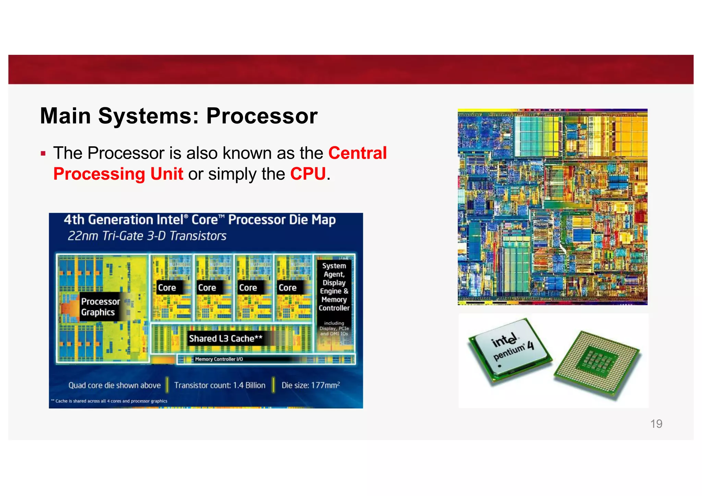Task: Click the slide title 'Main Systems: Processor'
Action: click(x=179, y=116)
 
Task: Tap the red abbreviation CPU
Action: click(x=307, y=174)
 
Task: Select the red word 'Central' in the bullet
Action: click(x=357, y=153)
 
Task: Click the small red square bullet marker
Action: click(x=43, y=153)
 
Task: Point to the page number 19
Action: click(x=656, y=424)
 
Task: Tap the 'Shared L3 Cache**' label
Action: click(x=226, y=339)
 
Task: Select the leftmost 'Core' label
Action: click(x=167, y=288)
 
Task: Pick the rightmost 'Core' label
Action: click(x=287, y=288)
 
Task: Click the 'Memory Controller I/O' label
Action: click(x=219, y=359)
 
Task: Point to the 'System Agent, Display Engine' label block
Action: click(x=334, y=287)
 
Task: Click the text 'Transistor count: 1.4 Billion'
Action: click(x=220, y=385)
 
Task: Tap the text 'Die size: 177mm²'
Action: click(x=311, y=385)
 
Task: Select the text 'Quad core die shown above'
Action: click(x=114, y=385)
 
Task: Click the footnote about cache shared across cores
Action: click(x=109, y=401)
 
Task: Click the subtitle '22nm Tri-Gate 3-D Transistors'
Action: click(x=147, y=236)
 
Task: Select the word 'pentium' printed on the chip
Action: click(x=509, y=353)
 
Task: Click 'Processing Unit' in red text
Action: click(x=118, y=174)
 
